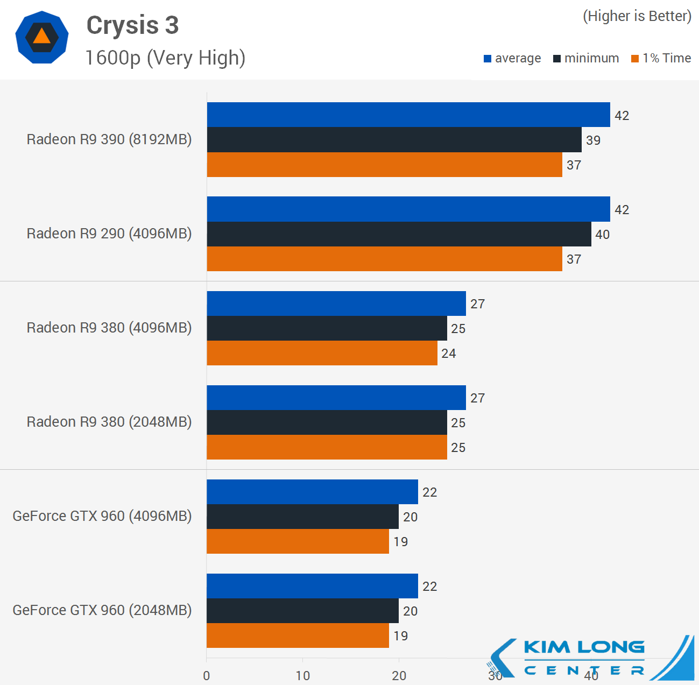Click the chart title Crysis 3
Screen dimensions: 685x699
tap(132, 26)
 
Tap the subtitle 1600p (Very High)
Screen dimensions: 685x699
tap(165, 58)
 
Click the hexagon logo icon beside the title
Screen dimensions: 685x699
tap(41, 37)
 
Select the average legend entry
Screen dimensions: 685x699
tap(512, 58)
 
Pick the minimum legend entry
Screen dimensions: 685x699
tap(586, 58)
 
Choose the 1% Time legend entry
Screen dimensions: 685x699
tap(661, 58)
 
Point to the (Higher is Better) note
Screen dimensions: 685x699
tap(637, 16)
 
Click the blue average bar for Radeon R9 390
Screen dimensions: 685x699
tap(408, 115)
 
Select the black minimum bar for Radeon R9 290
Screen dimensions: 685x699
tap(399, 234)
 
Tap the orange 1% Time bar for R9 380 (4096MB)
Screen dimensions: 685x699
tap(322, 353)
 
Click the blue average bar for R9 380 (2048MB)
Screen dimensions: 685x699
tap(336, 398)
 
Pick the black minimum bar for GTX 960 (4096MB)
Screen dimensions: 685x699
tap(302, 517)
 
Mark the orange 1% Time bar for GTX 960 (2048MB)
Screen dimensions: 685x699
tap(298, 635)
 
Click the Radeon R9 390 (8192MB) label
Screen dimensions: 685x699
tap(109, 139)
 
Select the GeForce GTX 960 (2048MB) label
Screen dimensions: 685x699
tap(102, 610)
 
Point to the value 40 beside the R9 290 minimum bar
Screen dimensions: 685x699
tap(602, 235)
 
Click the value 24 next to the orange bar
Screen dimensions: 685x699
tap(448, 354)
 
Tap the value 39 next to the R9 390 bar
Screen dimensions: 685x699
tap(593, 140)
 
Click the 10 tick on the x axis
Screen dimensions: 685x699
tap(302, 676)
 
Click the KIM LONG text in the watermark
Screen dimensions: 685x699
tap(584, 647)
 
